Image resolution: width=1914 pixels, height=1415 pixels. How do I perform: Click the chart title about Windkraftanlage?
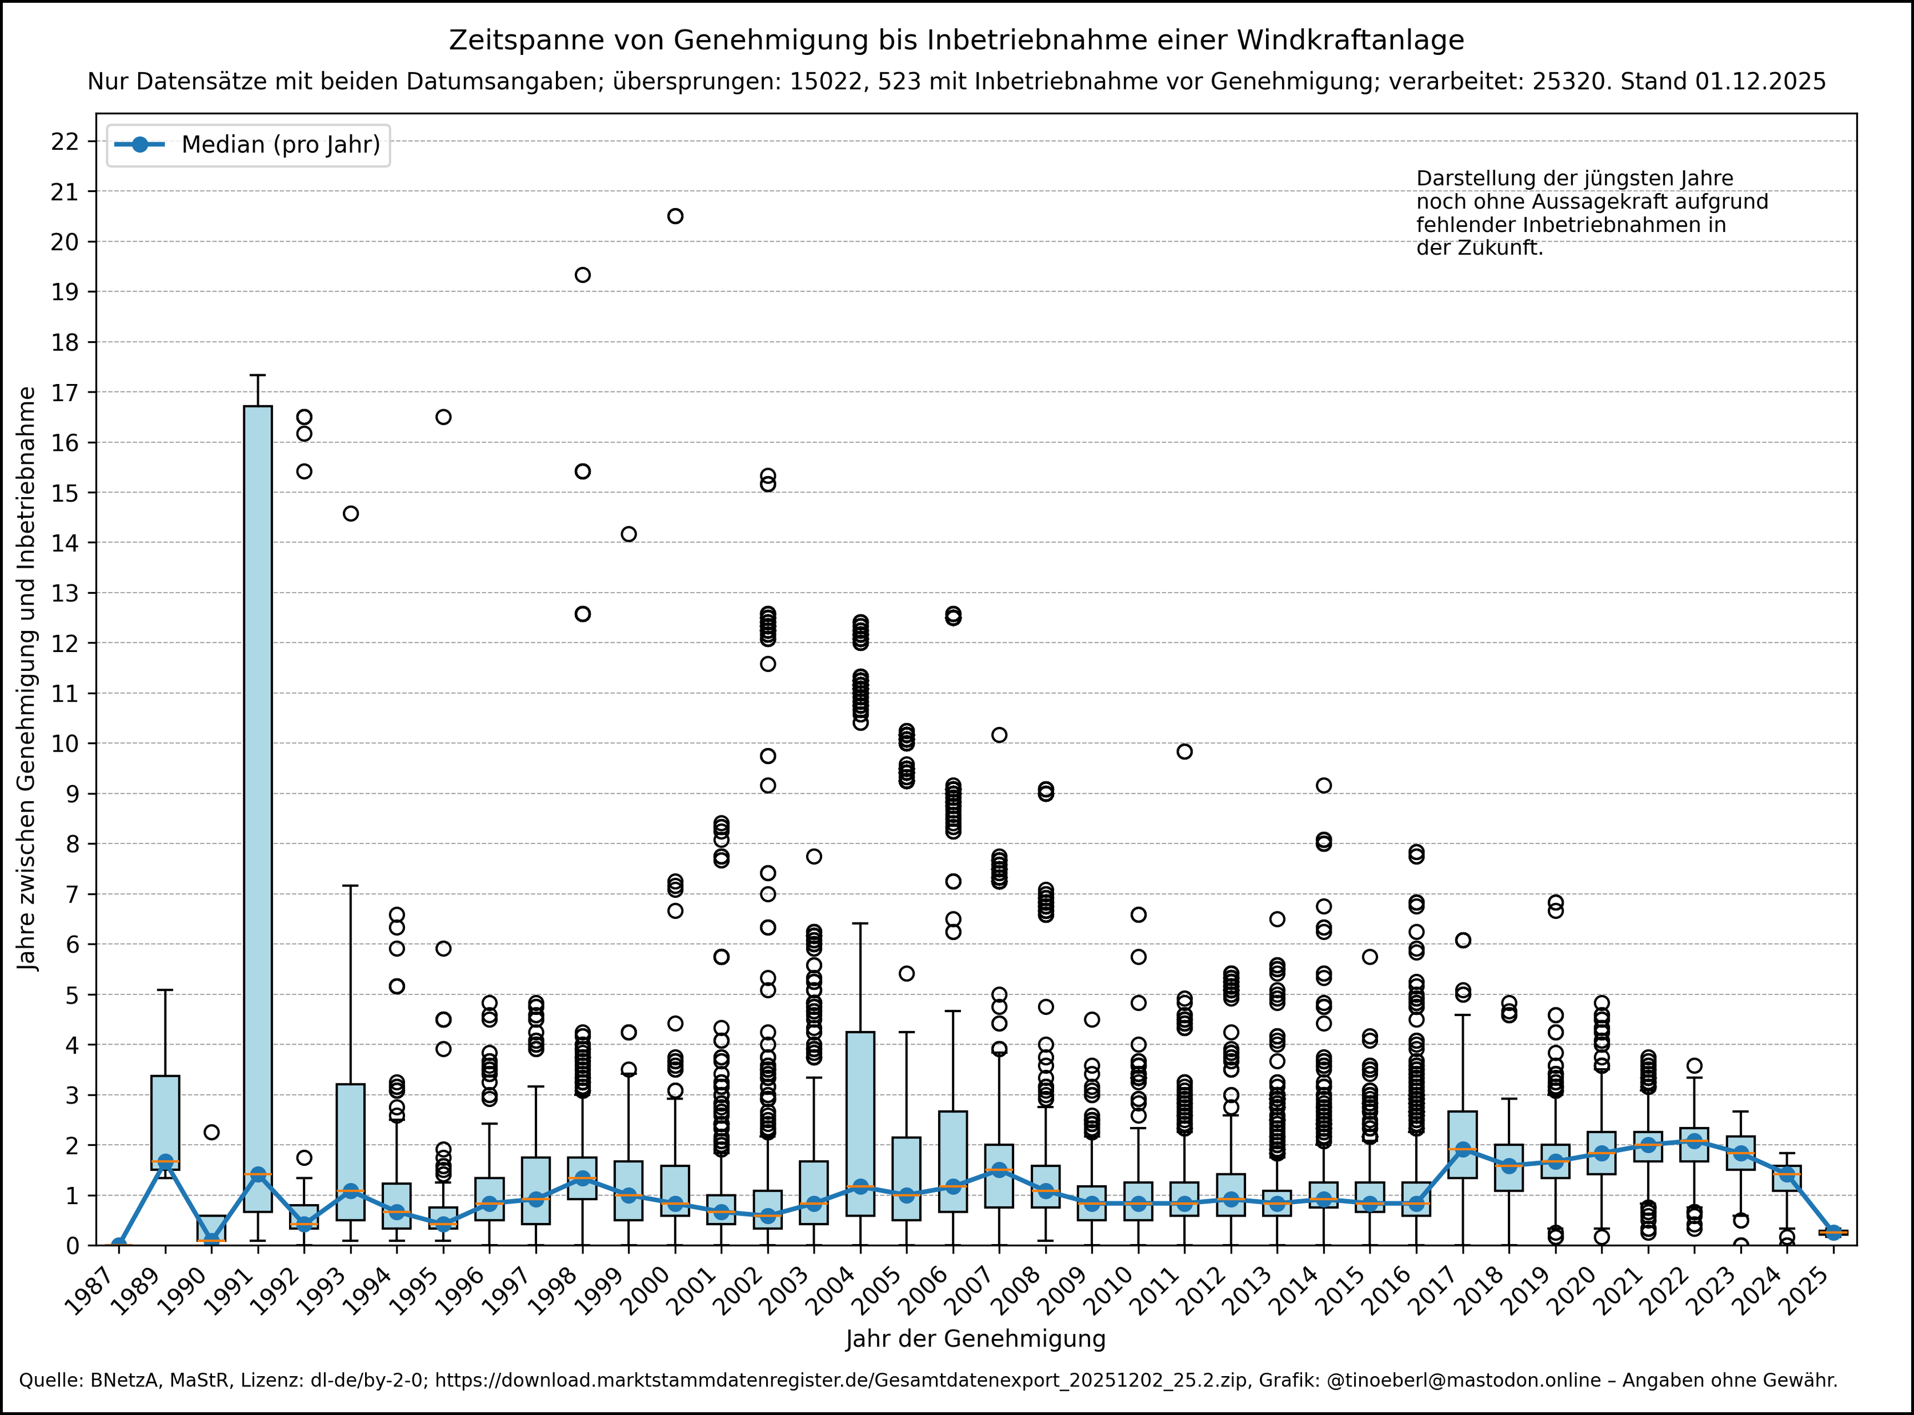point(956,40)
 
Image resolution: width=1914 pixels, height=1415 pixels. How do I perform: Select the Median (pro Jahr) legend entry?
point(249,145)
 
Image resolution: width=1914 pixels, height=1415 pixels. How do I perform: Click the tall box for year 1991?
point(258,809)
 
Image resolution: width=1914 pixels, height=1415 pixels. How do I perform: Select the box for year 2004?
point(860,1123)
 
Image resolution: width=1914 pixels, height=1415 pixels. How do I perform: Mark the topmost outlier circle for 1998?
point(582,275)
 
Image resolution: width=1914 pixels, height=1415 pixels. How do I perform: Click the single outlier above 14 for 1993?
point(350,514)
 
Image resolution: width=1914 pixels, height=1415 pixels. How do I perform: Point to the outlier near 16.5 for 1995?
point(443,417)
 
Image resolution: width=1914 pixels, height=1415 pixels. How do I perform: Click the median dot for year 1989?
point(165,1161)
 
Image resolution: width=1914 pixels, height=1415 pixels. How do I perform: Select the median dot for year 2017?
point(1463,1149)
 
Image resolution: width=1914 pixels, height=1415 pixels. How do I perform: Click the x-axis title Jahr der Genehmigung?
point(975,1339)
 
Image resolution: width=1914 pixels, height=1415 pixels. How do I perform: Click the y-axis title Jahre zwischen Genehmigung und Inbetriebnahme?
point(28,678)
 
